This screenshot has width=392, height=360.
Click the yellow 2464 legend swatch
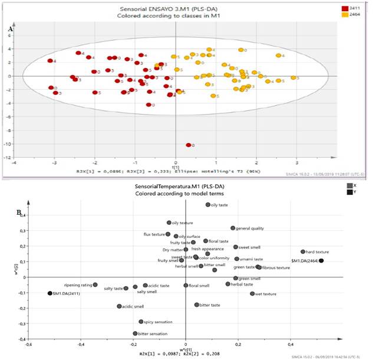[345, 15]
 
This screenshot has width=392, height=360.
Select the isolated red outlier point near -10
[189, 145]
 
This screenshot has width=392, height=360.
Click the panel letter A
[11, 28]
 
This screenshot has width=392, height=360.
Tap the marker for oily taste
[207, 205]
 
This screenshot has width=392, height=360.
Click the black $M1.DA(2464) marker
[322, 260]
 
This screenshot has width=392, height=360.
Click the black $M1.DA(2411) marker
[50, 293]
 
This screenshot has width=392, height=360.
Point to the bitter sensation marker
[135, 333]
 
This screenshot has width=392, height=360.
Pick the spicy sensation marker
[141, 322]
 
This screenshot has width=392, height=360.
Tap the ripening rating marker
[95, 284]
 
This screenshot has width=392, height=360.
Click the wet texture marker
[252, 293]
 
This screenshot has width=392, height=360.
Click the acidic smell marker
[119, 306]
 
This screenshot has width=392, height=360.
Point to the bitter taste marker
[197, 305]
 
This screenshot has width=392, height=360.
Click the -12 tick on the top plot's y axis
[8, 158]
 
